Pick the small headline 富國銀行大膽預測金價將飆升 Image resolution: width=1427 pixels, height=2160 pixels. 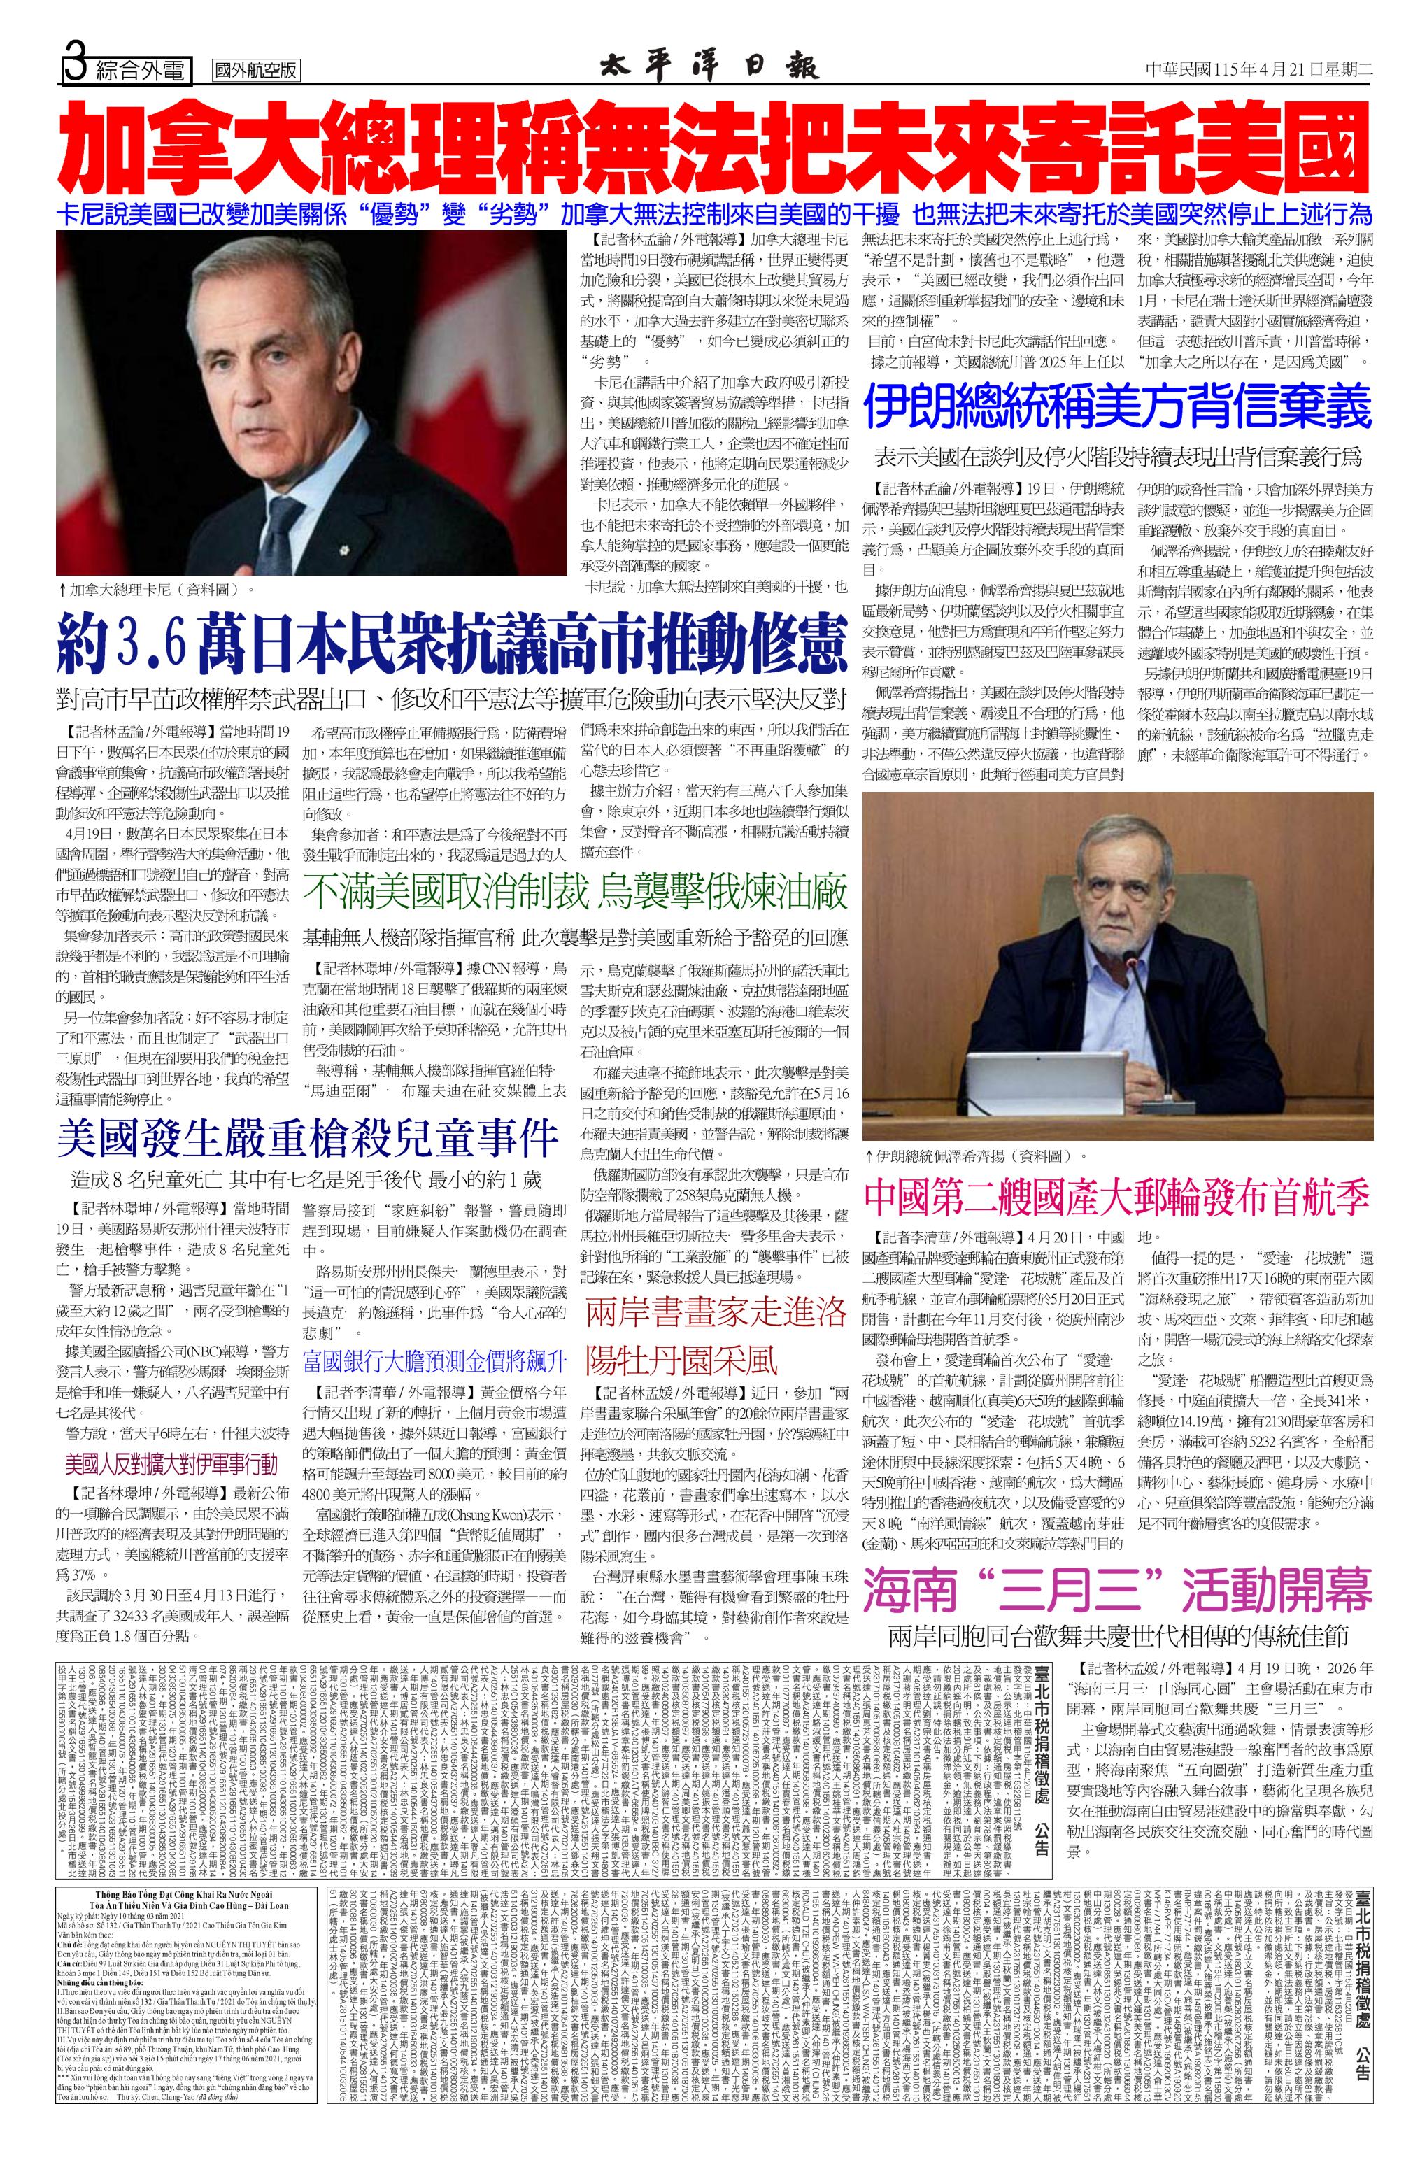click(x=435, y=1361)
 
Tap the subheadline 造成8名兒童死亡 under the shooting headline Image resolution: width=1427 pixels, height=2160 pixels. click(x=306, y=1180)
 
